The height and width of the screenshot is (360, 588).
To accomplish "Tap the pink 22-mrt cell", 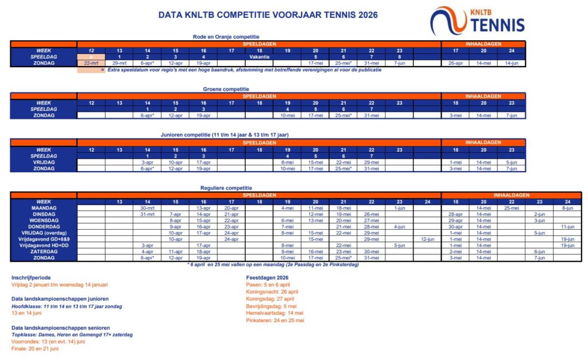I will point(91,63).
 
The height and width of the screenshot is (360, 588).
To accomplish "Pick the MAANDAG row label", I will point(44,207).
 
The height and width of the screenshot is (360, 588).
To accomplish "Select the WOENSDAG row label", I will point(44,220).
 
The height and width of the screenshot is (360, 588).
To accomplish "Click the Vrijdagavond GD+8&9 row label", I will point(44,239).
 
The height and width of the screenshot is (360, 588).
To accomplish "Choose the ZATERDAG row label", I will point(44,251).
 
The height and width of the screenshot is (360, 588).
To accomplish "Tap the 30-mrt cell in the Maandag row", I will point(147,207).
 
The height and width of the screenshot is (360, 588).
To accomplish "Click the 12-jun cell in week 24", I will point(427,239).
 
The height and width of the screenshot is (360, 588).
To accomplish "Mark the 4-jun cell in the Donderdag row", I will point(399,226).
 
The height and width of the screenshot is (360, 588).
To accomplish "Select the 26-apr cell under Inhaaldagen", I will point(455,63).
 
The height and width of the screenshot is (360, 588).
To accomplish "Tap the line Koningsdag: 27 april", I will point(270,299).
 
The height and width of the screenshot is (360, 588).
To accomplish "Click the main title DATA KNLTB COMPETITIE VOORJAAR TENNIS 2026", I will point(268,15).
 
